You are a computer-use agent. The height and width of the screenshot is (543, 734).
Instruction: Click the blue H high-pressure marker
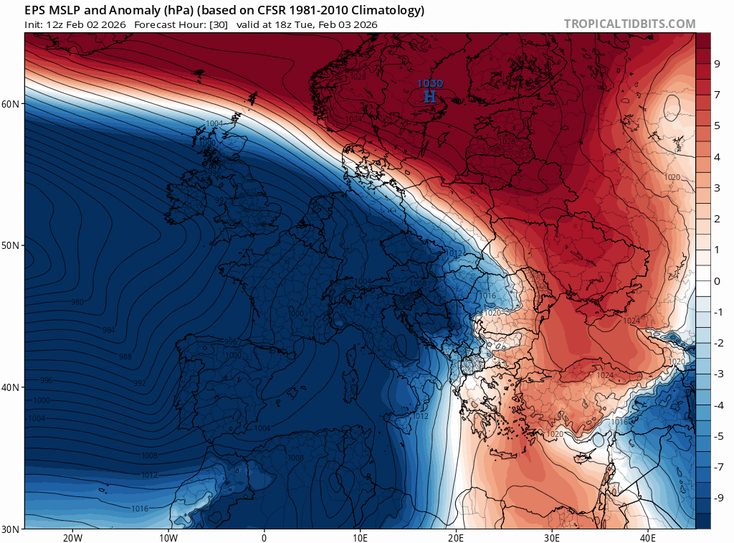[x=429, y=96]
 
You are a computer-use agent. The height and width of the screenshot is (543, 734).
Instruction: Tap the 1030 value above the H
[x=429, y=84]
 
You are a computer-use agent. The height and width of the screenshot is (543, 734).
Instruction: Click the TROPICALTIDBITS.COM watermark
[x=629, y=24]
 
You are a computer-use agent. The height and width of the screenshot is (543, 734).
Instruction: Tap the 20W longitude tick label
[x=72, y=537]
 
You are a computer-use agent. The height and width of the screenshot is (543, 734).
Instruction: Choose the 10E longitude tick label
[x=360, y=537]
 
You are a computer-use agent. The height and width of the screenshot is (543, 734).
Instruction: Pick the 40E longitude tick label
[x=647, y=537]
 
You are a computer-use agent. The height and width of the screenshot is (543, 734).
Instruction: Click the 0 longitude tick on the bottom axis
[x=264, y=537]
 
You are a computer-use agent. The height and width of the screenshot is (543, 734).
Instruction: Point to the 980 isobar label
[x=77, y=302]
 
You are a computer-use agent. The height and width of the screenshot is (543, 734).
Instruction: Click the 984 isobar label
[x=108, y=330]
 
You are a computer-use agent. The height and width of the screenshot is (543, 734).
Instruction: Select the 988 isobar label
[x=125, y=357]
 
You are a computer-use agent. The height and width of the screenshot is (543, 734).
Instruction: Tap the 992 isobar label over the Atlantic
[x=139, y=383]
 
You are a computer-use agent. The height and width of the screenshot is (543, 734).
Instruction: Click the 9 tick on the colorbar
[x=718, y=64]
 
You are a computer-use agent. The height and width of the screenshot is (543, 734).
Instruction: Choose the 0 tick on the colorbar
[x=718, y=281]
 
